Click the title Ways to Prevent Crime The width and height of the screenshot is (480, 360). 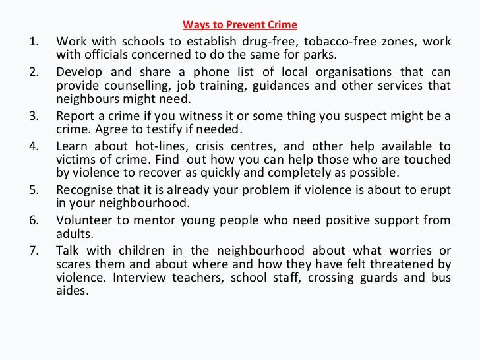240,26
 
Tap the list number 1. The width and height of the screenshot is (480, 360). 34,42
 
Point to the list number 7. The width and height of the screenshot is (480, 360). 34,251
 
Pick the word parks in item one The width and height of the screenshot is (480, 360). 321,54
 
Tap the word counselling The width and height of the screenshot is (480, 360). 125,86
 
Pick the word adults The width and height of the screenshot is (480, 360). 73,233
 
